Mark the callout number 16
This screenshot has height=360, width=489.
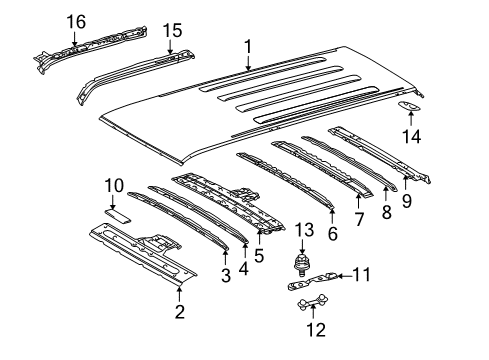[76, 20]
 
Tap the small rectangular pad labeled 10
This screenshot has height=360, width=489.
[117, 212]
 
